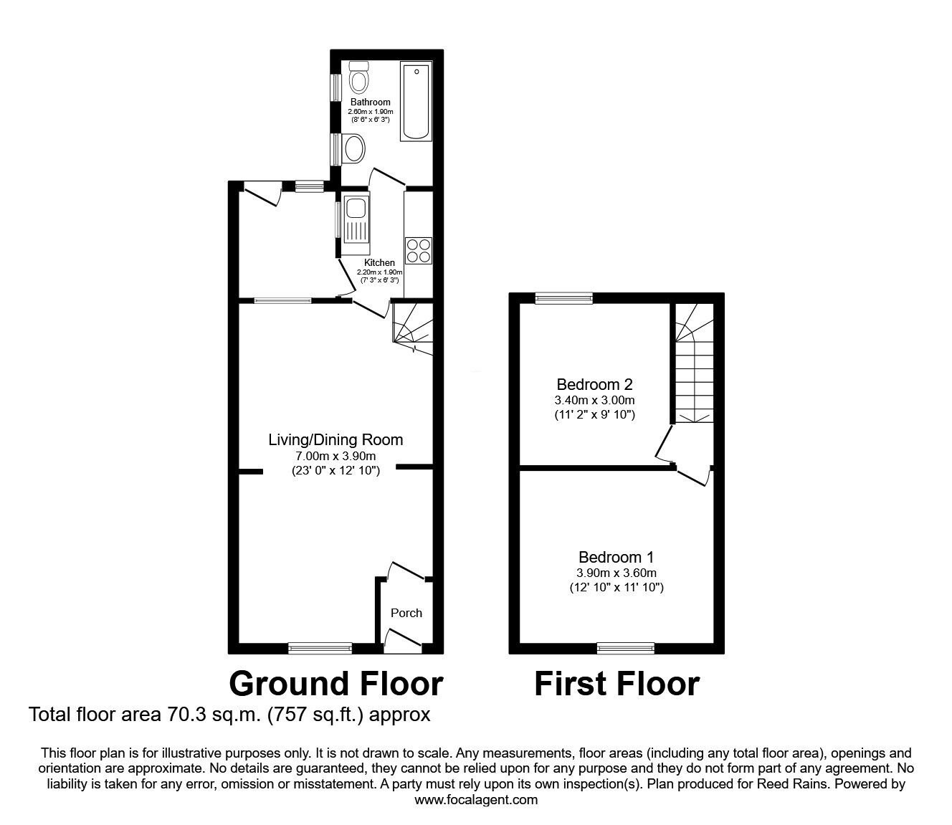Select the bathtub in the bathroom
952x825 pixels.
pyautogui.click(x=416, y=101)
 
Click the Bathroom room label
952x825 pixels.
pyautogui.click(x=370, y=102)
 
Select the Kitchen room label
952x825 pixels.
pyautogui.click(x=379, y=263)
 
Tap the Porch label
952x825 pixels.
pyautogui.click(x=406, y=613)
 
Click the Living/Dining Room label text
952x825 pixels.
pyautogui.click(x=335, y=440)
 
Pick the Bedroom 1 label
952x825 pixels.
pyautogui.click(x=617, y=557)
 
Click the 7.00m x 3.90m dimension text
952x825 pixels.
pyautogui.click(x=335, y=457)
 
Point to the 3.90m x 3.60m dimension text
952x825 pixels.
pyautogui.click(x=617, y=573)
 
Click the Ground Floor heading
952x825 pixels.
pyautogui.click(x=335, y=684)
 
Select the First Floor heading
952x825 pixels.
pyautogui.click(x=617, y=684)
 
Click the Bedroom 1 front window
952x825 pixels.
pyautogui.click(x=626, y=648)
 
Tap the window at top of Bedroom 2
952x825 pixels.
pyautogui.click(x=563, y=298)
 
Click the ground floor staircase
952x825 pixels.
pyautogui.click(x=413, y=328)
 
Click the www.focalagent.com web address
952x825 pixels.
pyautogui.click(x=476, y=800)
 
